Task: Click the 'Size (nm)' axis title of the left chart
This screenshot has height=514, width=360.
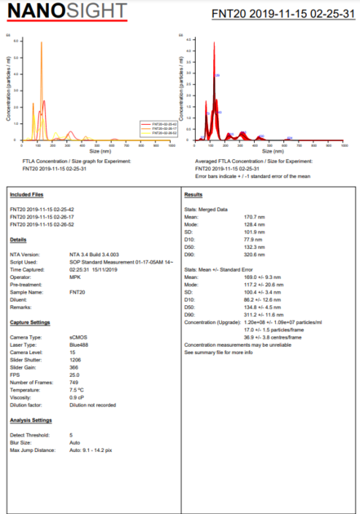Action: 100,152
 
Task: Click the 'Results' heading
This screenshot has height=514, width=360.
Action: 193,195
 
